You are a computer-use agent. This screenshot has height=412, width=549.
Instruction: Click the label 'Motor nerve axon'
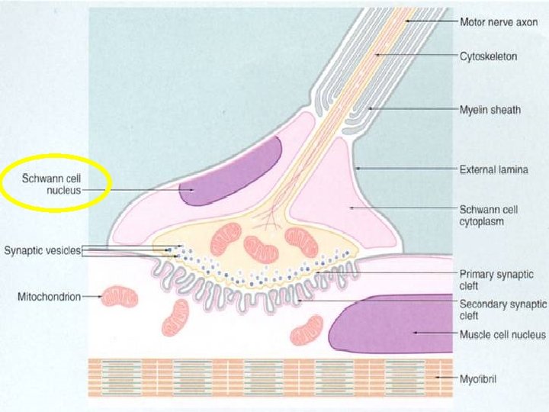coord(499,21)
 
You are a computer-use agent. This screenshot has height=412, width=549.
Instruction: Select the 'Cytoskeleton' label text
coord(489,56)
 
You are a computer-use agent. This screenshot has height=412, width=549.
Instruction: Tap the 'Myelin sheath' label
coord(490,109)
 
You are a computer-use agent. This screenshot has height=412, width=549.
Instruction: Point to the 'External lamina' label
coord(493,169)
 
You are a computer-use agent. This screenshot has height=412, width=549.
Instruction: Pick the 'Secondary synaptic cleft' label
coord(502,309)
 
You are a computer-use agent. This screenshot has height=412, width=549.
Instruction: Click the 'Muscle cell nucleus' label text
coord(502,334)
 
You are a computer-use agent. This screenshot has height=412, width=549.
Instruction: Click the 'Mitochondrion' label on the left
coord(49,296)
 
